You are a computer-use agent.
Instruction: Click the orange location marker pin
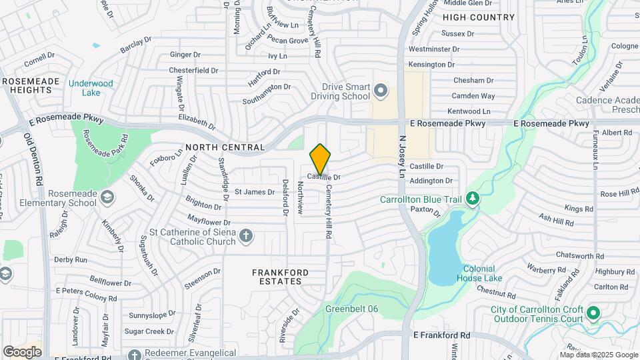[x=320, y=159]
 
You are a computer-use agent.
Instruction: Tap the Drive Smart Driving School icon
[x=381, y=89]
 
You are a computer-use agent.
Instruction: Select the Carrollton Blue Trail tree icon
[x=473, y=199]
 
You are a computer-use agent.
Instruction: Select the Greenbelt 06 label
[x=351, y=309]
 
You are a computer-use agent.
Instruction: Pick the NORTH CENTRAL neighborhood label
[x=225, y=147]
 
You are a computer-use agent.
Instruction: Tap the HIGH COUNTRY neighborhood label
[x=479, y=17]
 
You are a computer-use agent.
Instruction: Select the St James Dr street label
[x=254, y=192]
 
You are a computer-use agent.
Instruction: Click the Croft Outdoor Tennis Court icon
[x=594, y=312]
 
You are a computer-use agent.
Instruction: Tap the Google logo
[x=22, y=351]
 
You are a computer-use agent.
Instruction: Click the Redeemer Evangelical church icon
[x=135, y=355]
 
